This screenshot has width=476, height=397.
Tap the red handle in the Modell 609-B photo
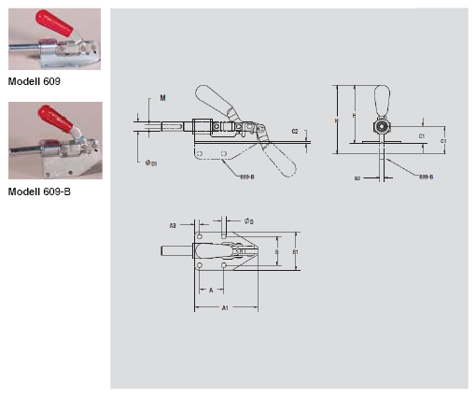48,117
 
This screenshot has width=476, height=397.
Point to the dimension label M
162,98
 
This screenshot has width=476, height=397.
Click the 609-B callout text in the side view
246,175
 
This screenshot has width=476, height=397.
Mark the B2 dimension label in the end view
357,176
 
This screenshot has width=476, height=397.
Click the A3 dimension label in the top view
173,225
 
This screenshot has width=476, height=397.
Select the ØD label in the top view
248,220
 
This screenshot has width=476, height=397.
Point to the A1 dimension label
225,307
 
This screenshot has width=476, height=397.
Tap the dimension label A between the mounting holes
210,291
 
